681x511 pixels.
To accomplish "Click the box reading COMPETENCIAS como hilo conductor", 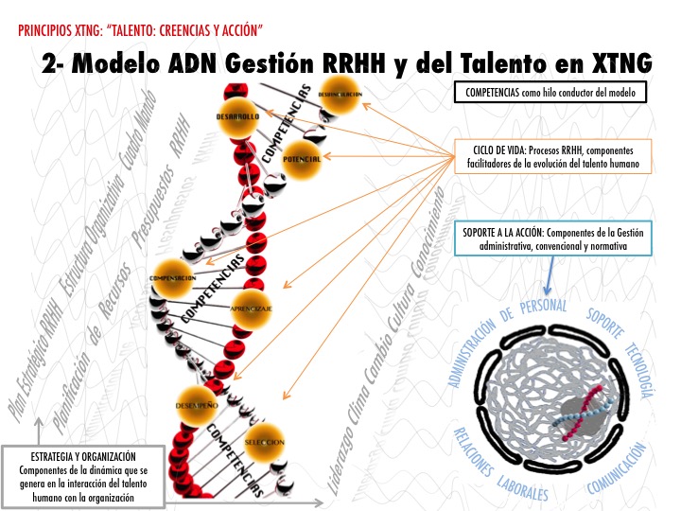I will pos(550,93).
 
